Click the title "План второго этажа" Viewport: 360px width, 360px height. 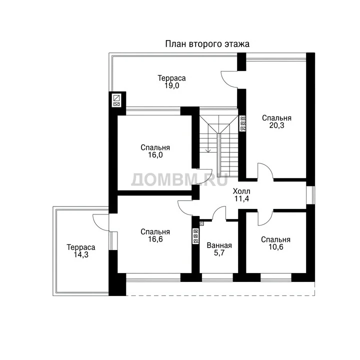click(207, 44)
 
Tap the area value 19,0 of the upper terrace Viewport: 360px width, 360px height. click(171, 85)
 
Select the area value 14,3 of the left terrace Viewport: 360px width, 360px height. click(81, 254)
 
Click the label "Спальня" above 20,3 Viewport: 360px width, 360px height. click(276, 118)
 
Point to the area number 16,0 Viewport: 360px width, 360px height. click(155, 155)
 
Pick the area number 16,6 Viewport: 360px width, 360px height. click(155, 239)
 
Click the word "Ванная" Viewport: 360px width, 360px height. click(219, 245)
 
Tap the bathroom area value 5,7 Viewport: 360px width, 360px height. click(219, 253)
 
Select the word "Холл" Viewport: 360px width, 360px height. click(241, 191)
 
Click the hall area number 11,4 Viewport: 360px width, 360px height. click(241, 199)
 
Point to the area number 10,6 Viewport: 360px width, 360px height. click(275, 247)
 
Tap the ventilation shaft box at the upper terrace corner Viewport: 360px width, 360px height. click(117, 101)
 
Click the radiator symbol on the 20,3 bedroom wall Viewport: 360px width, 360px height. click(242, 123)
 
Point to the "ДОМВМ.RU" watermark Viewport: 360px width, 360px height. click(179, 179)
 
